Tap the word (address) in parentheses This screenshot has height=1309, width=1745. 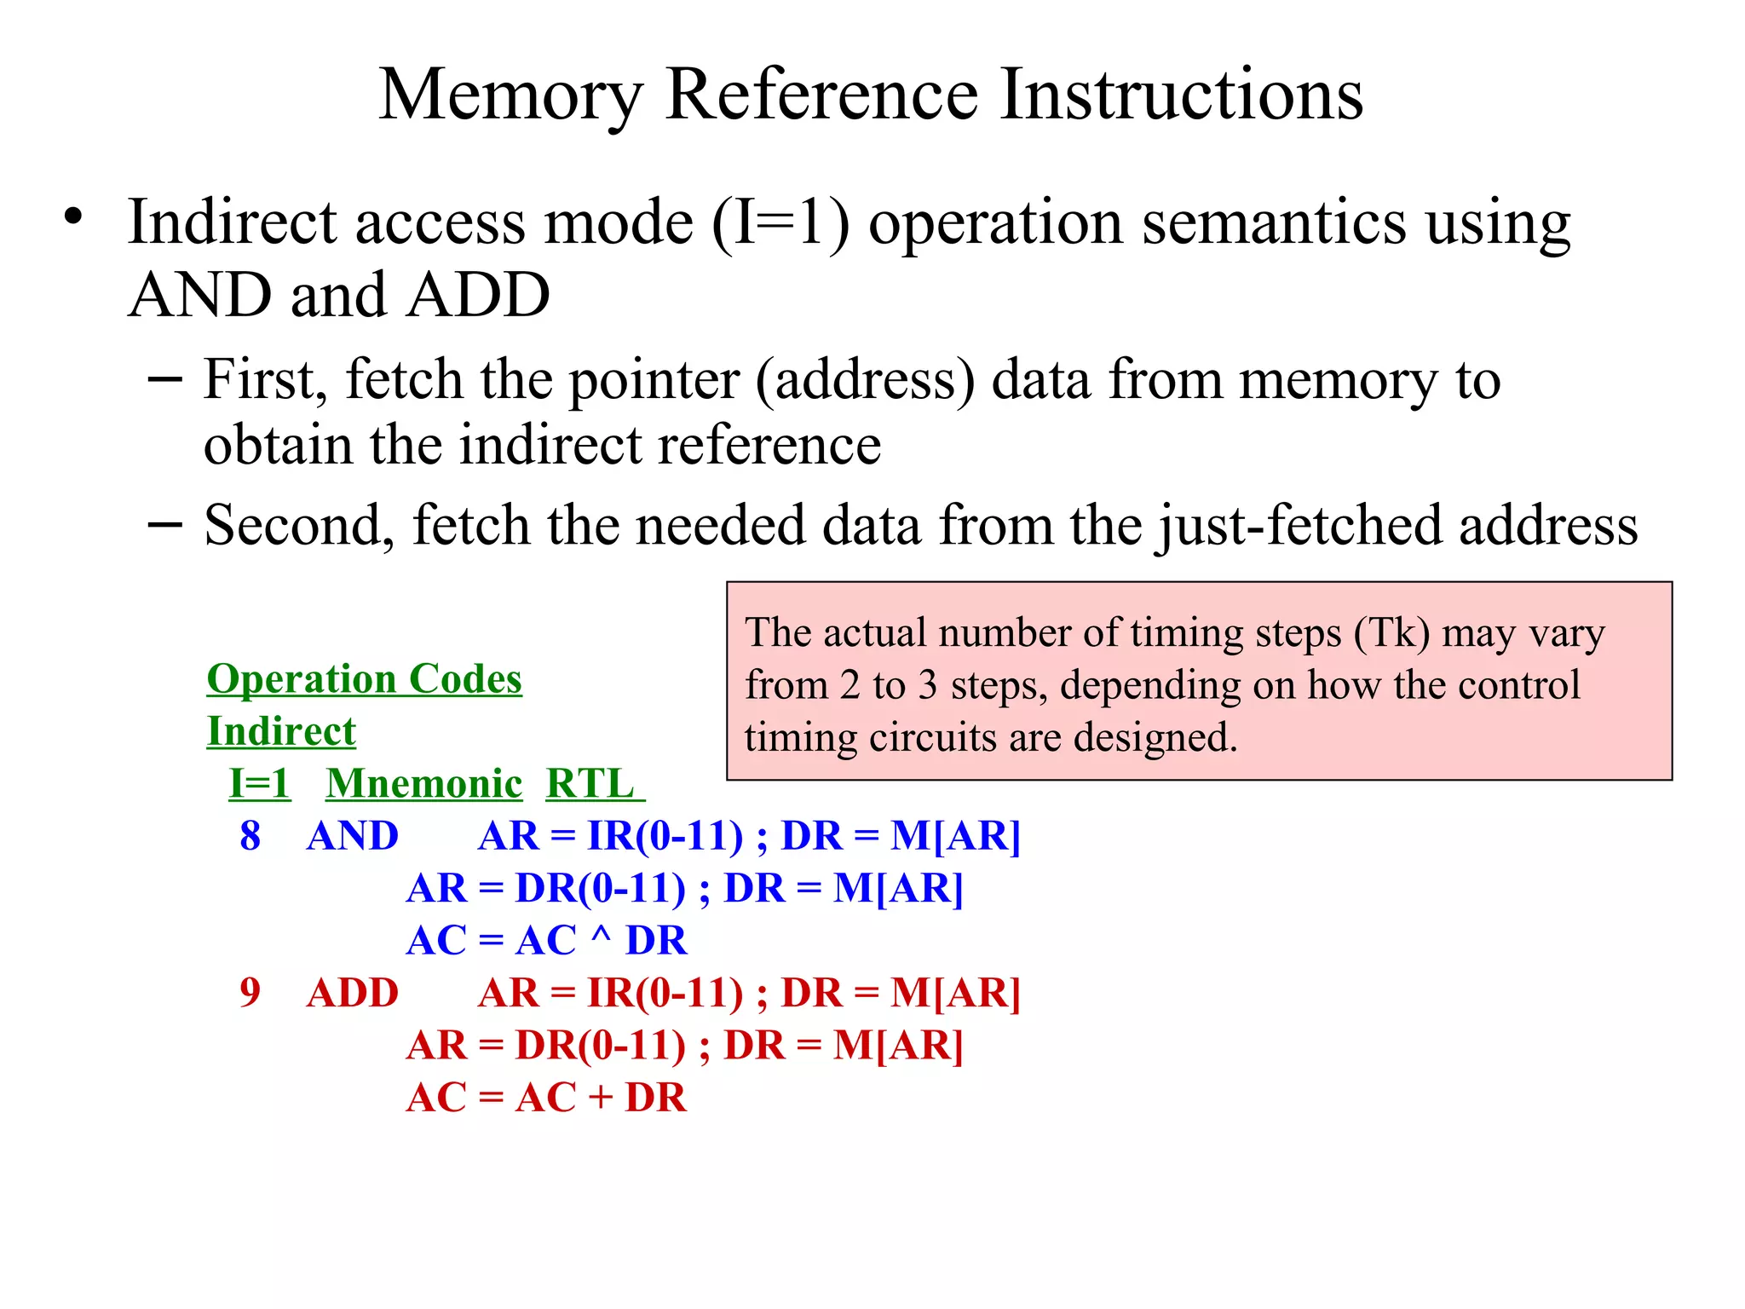[865, 381]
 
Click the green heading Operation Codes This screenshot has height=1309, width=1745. [364, 679]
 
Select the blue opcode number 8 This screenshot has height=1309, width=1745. [250, 836]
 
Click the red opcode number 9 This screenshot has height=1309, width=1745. [250, 993]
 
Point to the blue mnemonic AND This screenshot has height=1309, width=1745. [352, 836]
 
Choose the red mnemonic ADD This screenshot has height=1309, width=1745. [352, 993]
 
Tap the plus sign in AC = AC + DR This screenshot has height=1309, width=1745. [601, 1098]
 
